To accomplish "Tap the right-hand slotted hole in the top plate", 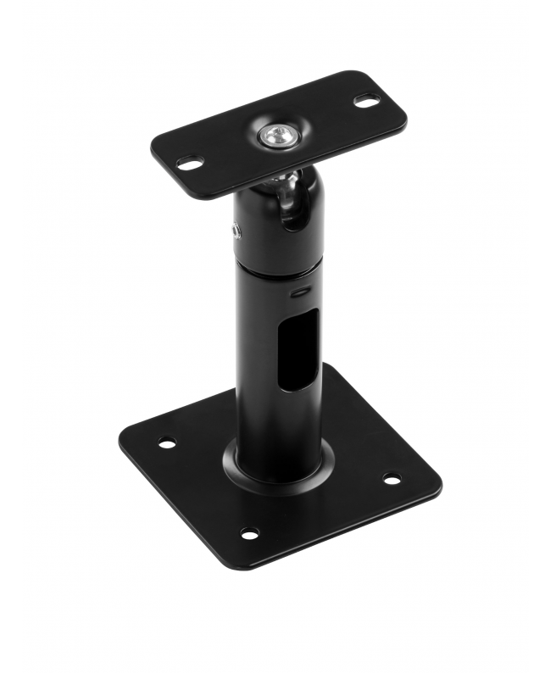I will [x=365, y=101].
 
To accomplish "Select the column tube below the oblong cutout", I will [x=275, y=424].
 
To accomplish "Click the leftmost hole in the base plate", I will [x=167, y=442].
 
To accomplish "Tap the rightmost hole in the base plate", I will [x=391, y=479].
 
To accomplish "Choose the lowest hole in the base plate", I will [x=250, y=532].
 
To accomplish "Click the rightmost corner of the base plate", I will [x=439, y=485].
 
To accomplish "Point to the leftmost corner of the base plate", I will [x=121, y=442].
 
